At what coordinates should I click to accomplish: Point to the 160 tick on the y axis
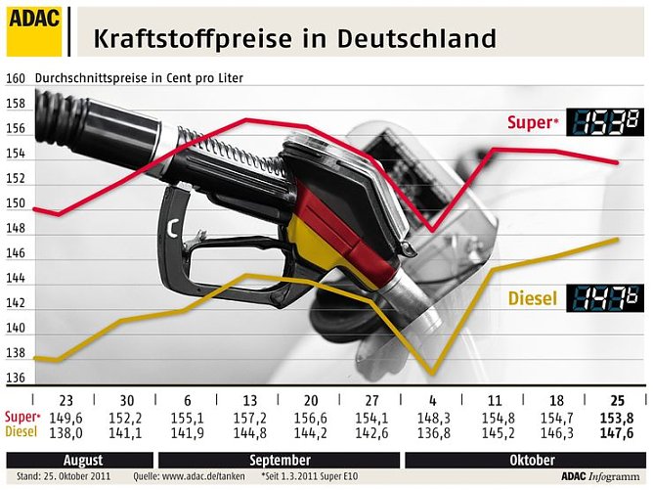click(15, 78)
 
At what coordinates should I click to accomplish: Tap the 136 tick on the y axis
click(15, 379)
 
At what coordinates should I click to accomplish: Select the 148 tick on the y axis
click(15, 229)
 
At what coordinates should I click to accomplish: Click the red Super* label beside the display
click(533, 123)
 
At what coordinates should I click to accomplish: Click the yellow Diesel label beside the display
click(533, 297)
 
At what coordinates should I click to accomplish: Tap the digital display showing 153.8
click(607, 123)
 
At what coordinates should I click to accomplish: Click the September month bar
click(279, 459)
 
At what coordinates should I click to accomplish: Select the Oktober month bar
click(526, 459)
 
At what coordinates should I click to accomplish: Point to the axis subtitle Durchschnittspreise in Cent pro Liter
click(139, 78)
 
